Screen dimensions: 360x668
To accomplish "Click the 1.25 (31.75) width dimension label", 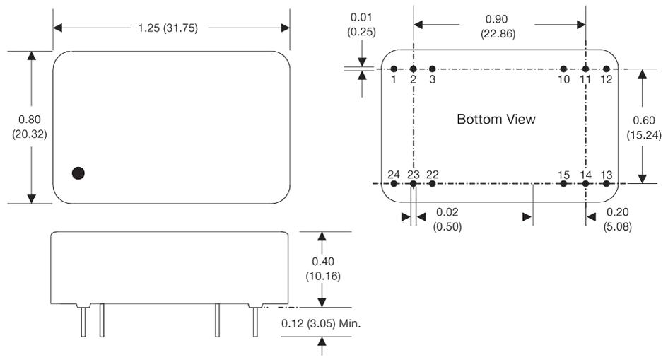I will (171, 28).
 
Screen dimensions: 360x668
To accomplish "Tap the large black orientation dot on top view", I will (79, 173).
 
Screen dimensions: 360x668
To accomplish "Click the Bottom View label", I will (496, 120).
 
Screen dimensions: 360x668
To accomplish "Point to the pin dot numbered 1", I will (394, 69).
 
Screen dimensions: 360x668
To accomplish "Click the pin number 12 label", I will (606, 79).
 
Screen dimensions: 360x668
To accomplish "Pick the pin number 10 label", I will (563, 79).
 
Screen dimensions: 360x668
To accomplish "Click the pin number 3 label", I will (433, 79).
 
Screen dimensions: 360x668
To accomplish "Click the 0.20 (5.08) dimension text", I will (618, 219).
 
